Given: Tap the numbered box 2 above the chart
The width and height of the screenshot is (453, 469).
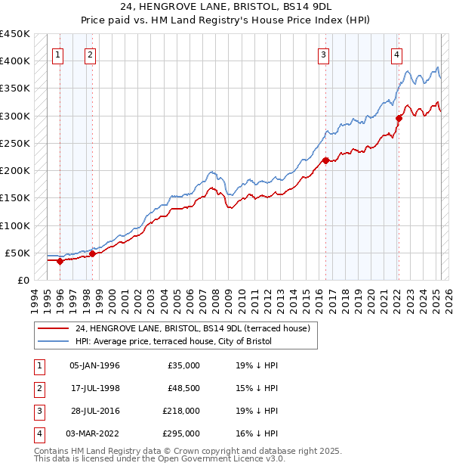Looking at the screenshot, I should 90,54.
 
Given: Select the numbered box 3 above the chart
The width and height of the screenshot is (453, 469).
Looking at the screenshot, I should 323,54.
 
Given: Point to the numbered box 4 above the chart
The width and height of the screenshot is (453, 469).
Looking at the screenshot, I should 396,54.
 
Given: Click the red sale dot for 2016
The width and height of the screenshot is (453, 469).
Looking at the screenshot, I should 325,160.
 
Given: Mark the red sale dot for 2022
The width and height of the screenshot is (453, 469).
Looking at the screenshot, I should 399,118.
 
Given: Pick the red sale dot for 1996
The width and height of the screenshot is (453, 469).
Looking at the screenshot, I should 60,261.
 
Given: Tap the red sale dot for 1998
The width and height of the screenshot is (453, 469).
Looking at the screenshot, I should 92,253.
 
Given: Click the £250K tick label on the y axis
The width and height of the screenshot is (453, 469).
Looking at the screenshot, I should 15,143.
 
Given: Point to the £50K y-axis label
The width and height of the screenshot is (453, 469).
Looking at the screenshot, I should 18,253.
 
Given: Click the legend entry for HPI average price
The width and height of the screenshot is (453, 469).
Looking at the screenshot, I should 195,341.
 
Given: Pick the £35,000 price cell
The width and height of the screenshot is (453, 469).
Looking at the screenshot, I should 183,365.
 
